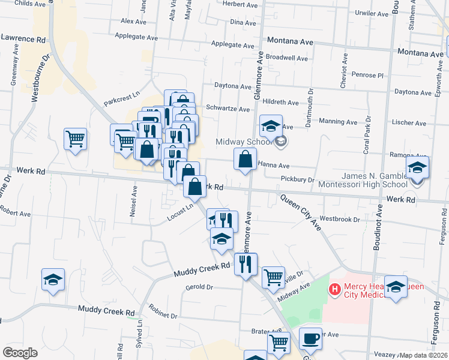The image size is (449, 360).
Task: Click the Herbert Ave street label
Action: pyautogui.click(x=240, y=4)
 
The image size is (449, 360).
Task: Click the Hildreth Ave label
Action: pyautogui.click(x=280, y=103)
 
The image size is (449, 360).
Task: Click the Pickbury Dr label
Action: pyautogui.click(x=298, y=179)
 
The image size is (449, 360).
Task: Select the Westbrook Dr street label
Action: pyautogui.click(x=340, y=219)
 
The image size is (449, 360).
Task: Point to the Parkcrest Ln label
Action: pyautogui.click(x=121, y=95)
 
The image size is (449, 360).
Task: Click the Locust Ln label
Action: pyautogui.click(x=181, y=211)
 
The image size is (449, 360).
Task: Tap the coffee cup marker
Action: pyautogui.click(x=310, y=339)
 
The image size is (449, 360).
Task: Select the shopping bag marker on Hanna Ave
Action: pyautogui.click(x=245, y=160)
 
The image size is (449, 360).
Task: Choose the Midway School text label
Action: pyautogui.click(x=244, y=142)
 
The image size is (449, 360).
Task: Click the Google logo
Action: pyautogui.click(x=20, y=353)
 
